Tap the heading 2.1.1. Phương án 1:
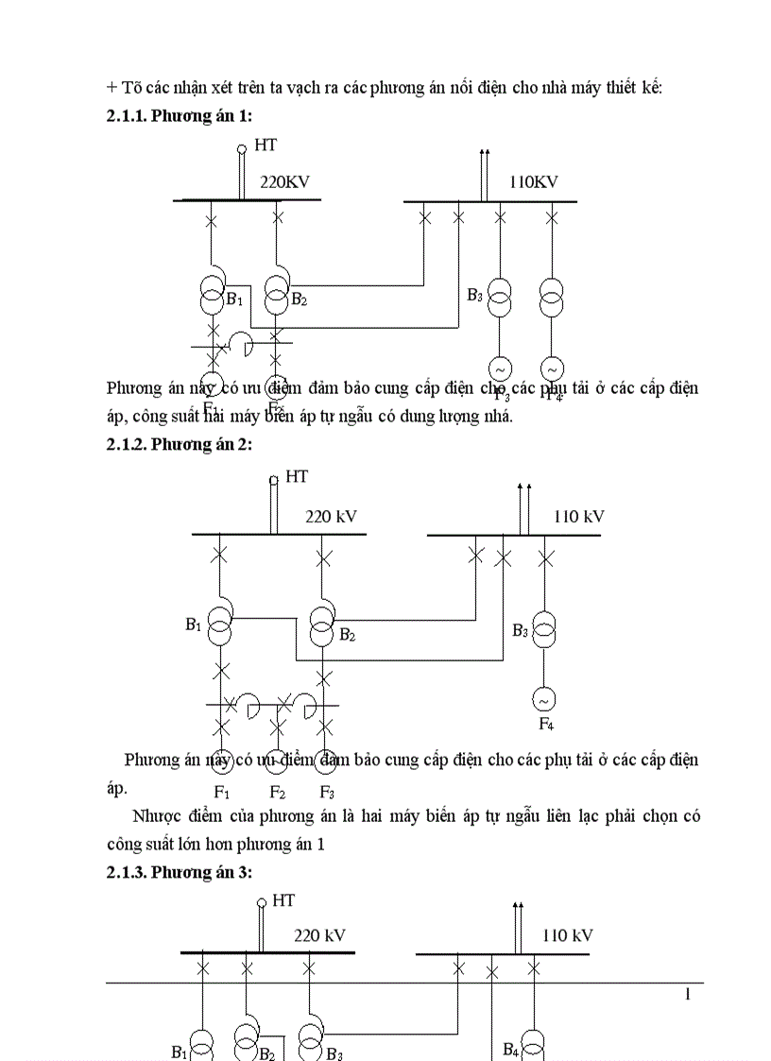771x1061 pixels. coord(180,114)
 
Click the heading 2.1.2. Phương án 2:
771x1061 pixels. coord(180,444)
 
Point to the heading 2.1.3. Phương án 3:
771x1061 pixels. coord(180,873)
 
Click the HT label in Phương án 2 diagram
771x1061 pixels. coord(297,476)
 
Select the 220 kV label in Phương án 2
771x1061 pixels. coord(331,517)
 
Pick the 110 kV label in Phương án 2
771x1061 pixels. coord(578,517)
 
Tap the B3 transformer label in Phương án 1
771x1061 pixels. coord(474,295)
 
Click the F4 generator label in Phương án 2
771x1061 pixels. coord(546,725)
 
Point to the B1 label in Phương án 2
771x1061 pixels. coord(194,625)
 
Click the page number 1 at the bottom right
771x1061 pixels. coord(688,994)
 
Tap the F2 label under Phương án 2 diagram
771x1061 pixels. coord(278,792)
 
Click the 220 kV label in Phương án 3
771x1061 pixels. coord(319,935)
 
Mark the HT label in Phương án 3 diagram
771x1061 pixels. coord(283,900)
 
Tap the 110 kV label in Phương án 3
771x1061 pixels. coord(567,935)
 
